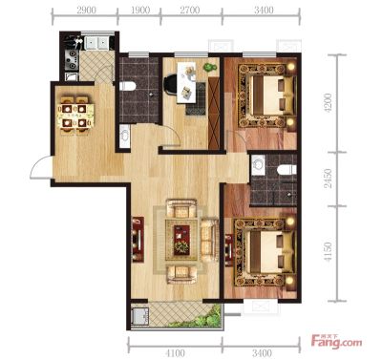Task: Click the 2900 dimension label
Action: [86, 11]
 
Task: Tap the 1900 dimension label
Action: [140, 11]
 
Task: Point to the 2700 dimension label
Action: [190, 11]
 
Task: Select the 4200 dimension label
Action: [328, 102]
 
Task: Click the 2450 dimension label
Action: [328, 179]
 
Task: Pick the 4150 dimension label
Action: [328, 252]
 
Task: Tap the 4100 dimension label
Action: [175, 352]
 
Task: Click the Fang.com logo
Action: [336, 342]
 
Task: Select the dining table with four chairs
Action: [75, 115]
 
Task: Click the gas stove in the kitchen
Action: [72, 59]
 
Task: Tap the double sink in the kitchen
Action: [95, 43]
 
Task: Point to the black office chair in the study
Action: [170, 85]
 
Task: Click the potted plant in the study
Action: [210, 67]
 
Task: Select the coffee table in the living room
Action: [181, 240]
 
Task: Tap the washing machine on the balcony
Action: [139, 316]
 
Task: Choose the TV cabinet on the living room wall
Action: [138, 239]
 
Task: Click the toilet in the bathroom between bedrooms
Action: [286, 170]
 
